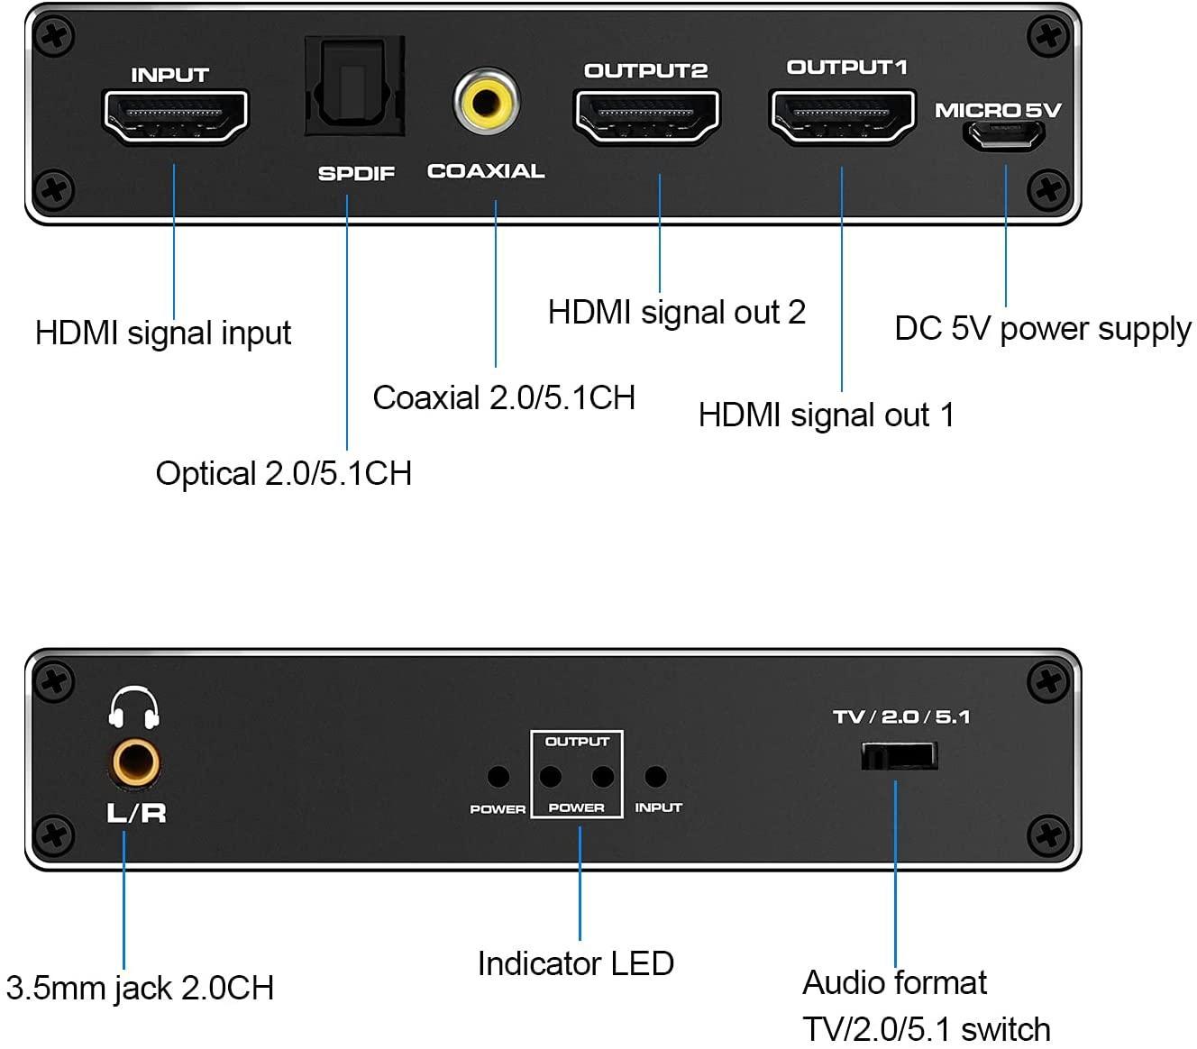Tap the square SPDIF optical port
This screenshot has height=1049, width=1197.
click(x=354, y=88)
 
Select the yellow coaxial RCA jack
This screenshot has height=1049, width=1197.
click(x=487, y=101)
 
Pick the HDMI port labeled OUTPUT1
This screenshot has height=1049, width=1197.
click(x=842, y=116)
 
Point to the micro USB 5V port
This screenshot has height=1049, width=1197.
click(x=1005, y=137)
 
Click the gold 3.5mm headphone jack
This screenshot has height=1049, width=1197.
click(x=136, y=764)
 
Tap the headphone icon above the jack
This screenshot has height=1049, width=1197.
click(x=134, y=708)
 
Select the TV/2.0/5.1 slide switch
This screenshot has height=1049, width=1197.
click(x=899, y=755)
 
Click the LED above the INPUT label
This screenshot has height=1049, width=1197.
click(x=656, y=776)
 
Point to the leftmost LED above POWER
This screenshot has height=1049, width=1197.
click(x=498, y=776)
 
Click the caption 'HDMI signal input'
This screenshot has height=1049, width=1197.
click(x=163, y=333)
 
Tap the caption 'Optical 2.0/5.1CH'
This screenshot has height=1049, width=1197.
click(x=283, y=474)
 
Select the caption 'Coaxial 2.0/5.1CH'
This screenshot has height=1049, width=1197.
click(x=504, y=398)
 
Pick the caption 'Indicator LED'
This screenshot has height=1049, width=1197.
click(x=576, y=964)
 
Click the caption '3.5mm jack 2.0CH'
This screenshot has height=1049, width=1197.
click(x=140, y=989)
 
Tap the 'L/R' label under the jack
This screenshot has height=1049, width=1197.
click(x=136, y=813)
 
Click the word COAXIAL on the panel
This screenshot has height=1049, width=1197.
click(x=486, y=171)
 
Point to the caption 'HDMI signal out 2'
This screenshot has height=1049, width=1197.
click(x=676, y=313)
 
